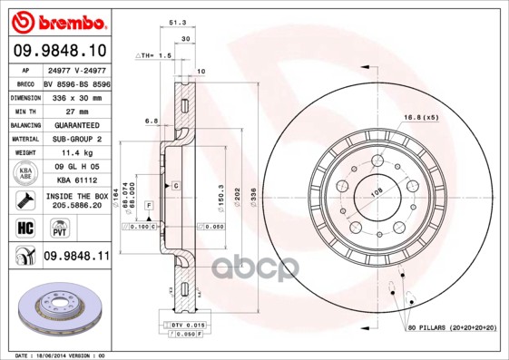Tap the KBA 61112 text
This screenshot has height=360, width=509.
[x=74, y=180]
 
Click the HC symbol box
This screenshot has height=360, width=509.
[x=24, y=226]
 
